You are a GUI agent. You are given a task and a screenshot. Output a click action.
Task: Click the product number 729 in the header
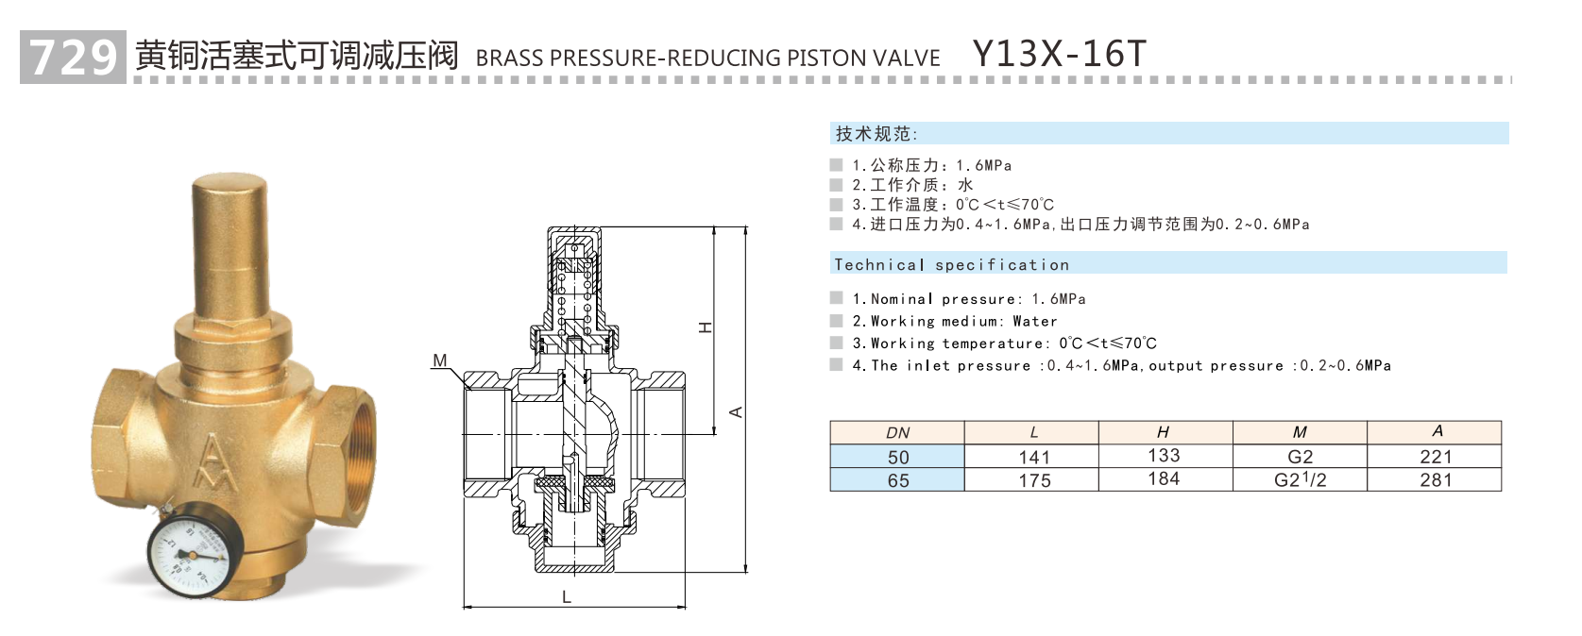[x=73, y=58]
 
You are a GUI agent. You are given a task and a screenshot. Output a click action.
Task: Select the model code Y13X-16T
[x=1059, y=54]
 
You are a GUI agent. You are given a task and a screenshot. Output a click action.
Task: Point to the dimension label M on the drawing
[x=440, y=360]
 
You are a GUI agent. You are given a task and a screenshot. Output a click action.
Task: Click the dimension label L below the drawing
[x=567, y=596]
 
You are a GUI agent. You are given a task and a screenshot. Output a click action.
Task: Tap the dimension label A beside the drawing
[x=736, y=411]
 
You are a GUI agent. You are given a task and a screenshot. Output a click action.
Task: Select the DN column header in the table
[x=897, y=433]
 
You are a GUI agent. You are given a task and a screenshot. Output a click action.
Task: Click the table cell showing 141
[x=1033, y=457]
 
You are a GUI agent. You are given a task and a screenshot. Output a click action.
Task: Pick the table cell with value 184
[x=1163, y=479]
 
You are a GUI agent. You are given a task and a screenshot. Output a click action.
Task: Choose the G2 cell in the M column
[x=1300, y=457]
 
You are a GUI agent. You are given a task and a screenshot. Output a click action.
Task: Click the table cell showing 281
[x=1435, y=479]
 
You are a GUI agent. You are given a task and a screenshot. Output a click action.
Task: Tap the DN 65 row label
[x=897, y=480]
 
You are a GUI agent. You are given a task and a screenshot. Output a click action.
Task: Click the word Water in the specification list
[x=1034, y=322]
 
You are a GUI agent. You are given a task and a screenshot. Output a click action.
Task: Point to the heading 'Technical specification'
[x=951, y=265]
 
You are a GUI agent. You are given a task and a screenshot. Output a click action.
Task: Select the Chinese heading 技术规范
[x=875, y=134]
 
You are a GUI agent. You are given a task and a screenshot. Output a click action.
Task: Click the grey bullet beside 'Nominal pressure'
[x=836, y=298]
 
